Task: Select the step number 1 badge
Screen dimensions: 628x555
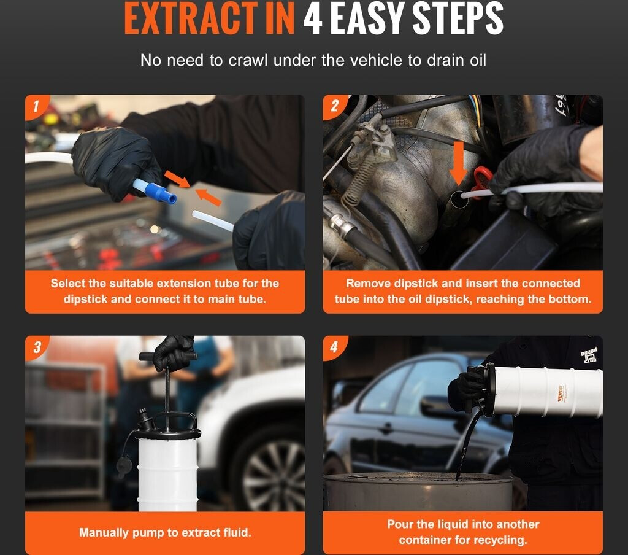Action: point(36,106)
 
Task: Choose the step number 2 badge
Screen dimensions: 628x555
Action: point(334,106)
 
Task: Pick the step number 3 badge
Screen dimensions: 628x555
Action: point(37,347)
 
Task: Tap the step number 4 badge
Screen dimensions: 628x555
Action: point(334,347)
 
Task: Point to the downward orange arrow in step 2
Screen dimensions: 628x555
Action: point(458,163)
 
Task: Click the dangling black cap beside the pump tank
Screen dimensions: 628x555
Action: point(124,467)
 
